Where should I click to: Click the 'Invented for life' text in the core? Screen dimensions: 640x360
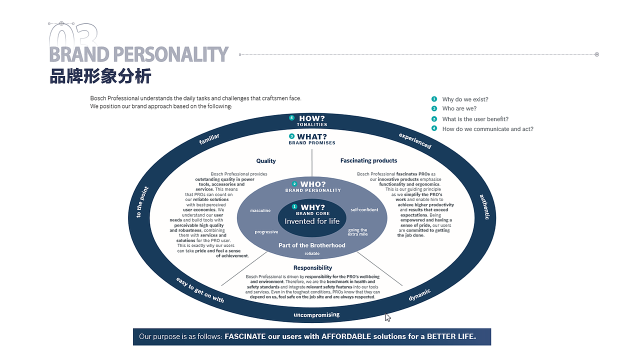[312, 221]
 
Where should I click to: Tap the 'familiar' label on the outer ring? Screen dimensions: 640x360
[209, 139]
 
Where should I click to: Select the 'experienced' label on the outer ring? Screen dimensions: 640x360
[415, 140]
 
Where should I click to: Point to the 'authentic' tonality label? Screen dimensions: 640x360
[484, 207]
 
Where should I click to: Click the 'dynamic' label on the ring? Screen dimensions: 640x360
[419, 294]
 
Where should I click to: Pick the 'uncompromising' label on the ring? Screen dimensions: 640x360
[316, 315]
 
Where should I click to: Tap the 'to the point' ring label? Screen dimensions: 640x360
[142, 202]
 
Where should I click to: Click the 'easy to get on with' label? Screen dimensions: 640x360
[200, 290]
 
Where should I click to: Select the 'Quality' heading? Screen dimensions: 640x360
[266, 161]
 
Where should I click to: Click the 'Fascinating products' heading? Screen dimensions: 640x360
[368, 160]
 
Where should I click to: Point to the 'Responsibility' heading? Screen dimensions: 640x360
[312, 267]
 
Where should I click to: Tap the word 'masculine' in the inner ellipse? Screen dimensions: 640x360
[260, 210]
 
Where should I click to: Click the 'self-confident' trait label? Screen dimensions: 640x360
[364, 209]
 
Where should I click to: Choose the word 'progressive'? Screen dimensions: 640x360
[266, 231]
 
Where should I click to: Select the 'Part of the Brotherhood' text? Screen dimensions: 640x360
[312, 245]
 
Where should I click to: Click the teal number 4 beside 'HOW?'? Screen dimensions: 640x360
[291, 117]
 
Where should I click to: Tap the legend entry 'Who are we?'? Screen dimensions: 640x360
[459, 108]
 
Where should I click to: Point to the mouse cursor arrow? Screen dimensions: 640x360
[387, 317]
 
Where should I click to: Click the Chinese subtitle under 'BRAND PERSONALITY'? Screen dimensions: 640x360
[100, 76]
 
